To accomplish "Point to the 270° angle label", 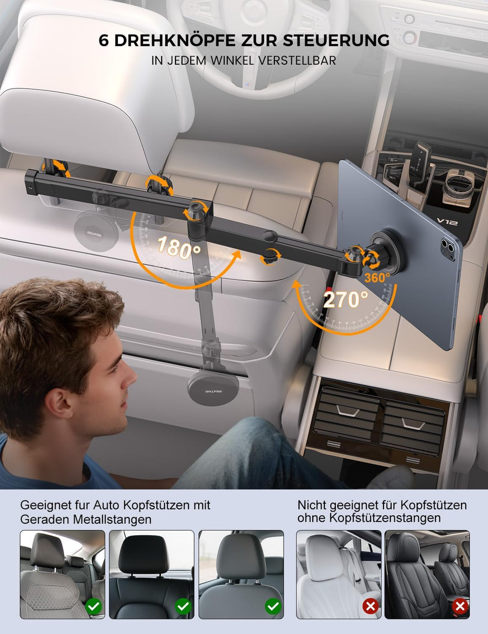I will pyautogui.click(x=346, y=300).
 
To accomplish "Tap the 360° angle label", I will pyautogui.click(x=377, y=277).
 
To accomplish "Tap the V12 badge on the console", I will pyautogui.click(x=447, y=222).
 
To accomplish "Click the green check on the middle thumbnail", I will pyautogui.click(x=183, y=606).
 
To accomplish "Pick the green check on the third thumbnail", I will pyautogui.click(x=272, y=606).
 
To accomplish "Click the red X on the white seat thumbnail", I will pyautogui.click(x=371, y=606).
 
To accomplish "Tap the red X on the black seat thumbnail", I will pyautogui.click(x=460, y=606).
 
